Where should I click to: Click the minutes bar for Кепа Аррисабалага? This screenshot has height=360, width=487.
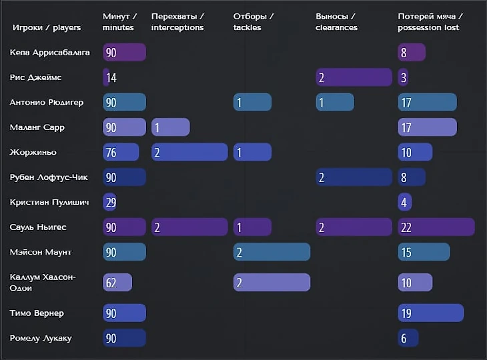point(124,53)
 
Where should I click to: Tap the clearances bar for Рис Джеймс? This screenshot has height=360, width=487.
point(354,77)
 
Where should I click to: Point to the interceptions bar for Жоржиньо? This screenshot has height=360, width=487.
point(189,153)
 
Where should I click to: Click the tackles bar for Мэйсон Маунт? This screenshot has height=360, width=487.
point(272,252)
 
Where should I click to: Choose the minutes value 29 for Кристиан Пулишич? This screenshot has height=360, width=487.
point(110,202)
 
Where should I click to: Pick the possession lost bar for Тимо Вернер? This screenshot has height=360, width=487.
point(430,313)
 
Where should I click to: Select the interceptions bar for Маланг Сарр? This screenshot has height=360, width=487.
point(170,127)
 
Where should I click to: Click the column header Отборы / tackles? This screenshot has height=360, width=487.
point(254,22)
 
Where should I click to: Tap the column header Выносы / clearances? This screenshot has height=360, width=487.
point(336,22)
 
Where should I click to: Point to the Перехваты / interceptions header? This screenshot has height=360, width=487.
point(178,22)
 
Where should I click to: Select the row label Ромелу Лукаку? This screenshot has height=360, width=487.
point(41,338)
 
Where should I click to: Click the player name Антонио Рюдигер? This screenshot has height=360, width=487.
point(47,103)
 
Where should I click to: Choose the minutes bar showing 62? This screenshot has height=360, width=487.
point(117,283)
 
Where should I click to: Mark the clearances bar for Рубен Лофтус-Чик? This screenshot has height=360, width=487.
point(354,177)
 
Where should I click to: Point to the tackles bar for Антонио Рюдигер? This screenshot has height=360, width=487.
point(252,103)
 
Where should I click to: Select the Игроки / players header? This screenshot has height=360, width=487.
point(47,28)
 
